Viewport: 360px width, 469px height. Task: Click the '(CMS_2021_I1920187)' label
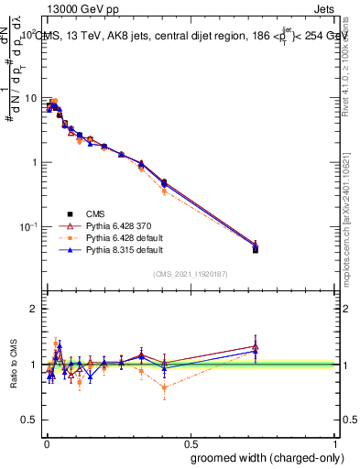pos(190,273)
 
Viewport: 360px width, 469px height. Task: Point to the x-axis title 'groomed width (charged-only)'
pos(263,457)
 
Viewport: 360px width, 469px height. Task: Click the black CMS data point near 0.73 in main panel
pos(256,249)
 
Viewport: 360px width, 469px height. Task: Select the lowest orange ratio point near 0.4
pos(164,387)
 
